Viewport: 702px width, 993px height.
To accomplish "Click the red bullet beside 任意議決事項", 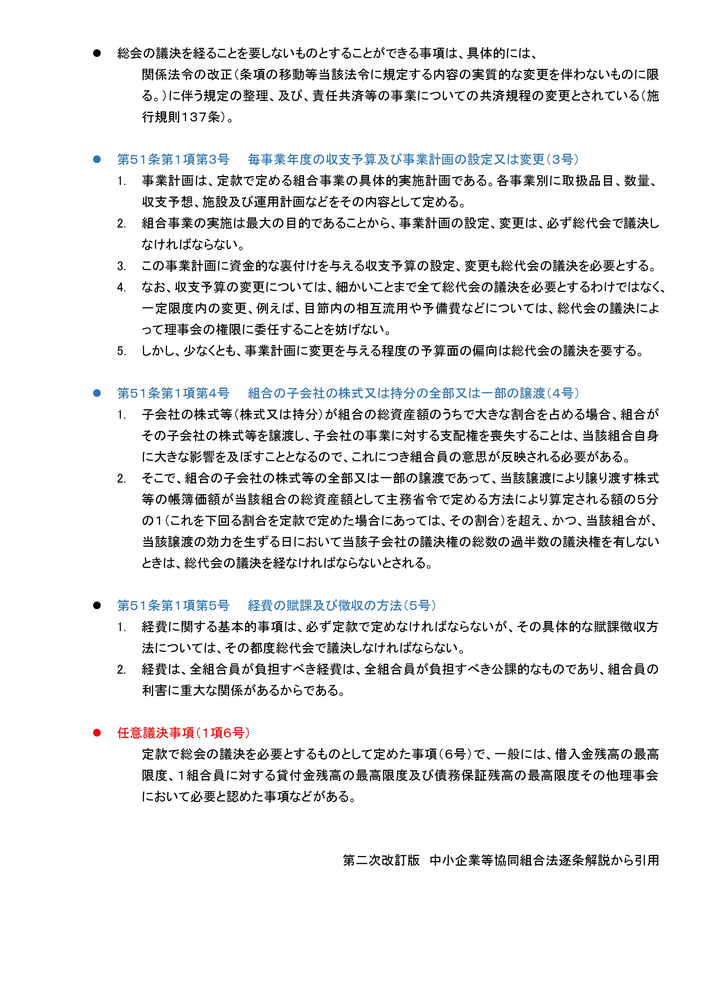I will click(97, 733).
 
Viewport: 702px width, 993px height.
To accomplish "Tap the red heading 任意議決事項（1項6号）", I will click(183, 733).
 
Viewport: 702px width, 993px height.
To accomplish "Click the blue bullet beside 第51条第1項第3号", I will click(97, 160).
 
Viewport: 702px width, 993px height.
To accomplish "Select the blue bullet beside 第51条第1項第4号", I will click(97, 393).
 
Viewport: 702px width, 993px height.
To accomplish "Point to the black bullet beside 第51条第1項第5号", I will click(97, 605).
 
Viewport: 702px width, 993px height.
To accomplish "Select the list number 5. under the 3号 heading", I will click(121, 351).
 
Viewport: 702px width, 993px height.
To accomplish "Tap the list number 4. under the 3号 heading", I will click(121, 288).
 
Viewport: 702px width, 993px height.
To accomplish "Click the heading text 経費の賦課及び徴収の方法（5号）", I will click(342, 605).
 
